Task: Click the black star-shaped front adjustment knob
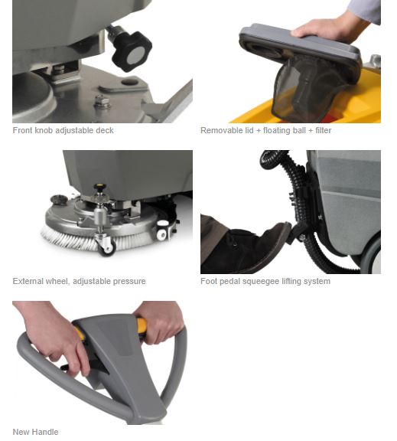[x=132, y=51]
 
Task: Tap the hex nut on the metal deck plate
[x=103, y=102]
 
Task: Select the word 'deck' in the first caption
[x=105, y=130]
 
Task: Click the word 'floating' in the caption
[x=276, y=130]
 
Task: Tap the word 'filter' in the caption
[x=323, y=130]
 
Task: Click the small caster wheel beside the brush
[x=107, y=247]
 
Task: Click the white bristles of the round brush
[x=93, y=240]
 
